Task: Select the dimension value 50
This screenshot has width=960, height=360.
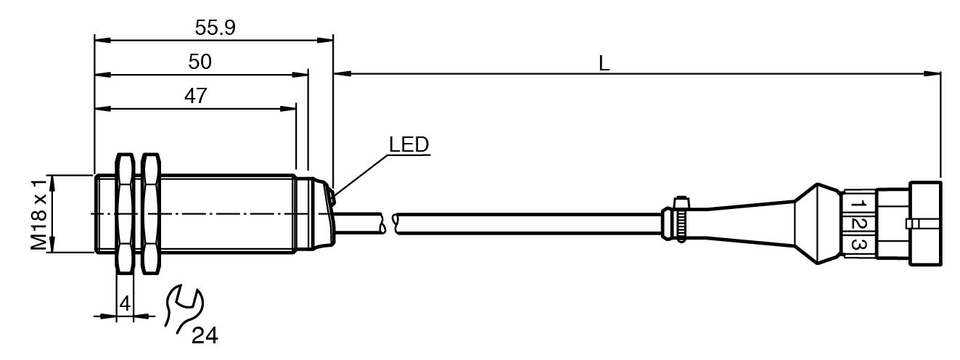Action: [200, 62]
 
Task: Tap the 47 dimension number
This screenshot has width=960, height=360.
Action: [196, 97]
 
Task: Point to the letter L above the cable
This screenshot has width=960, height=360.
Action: [604, 63]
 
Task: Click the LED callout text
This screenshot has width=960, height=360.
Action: [409, 144]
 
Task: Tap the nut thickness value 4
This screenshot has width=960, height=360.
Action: [124, 304]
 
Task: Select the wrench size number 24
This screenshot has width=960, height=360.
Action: [204, 336]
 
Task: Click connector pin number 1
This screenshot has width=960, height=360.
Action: [857, 200]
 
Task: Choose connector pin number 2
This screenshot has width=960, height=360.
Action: [857, 223]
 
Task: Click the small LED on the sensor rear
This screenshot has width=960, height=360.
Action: [331, 195]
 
